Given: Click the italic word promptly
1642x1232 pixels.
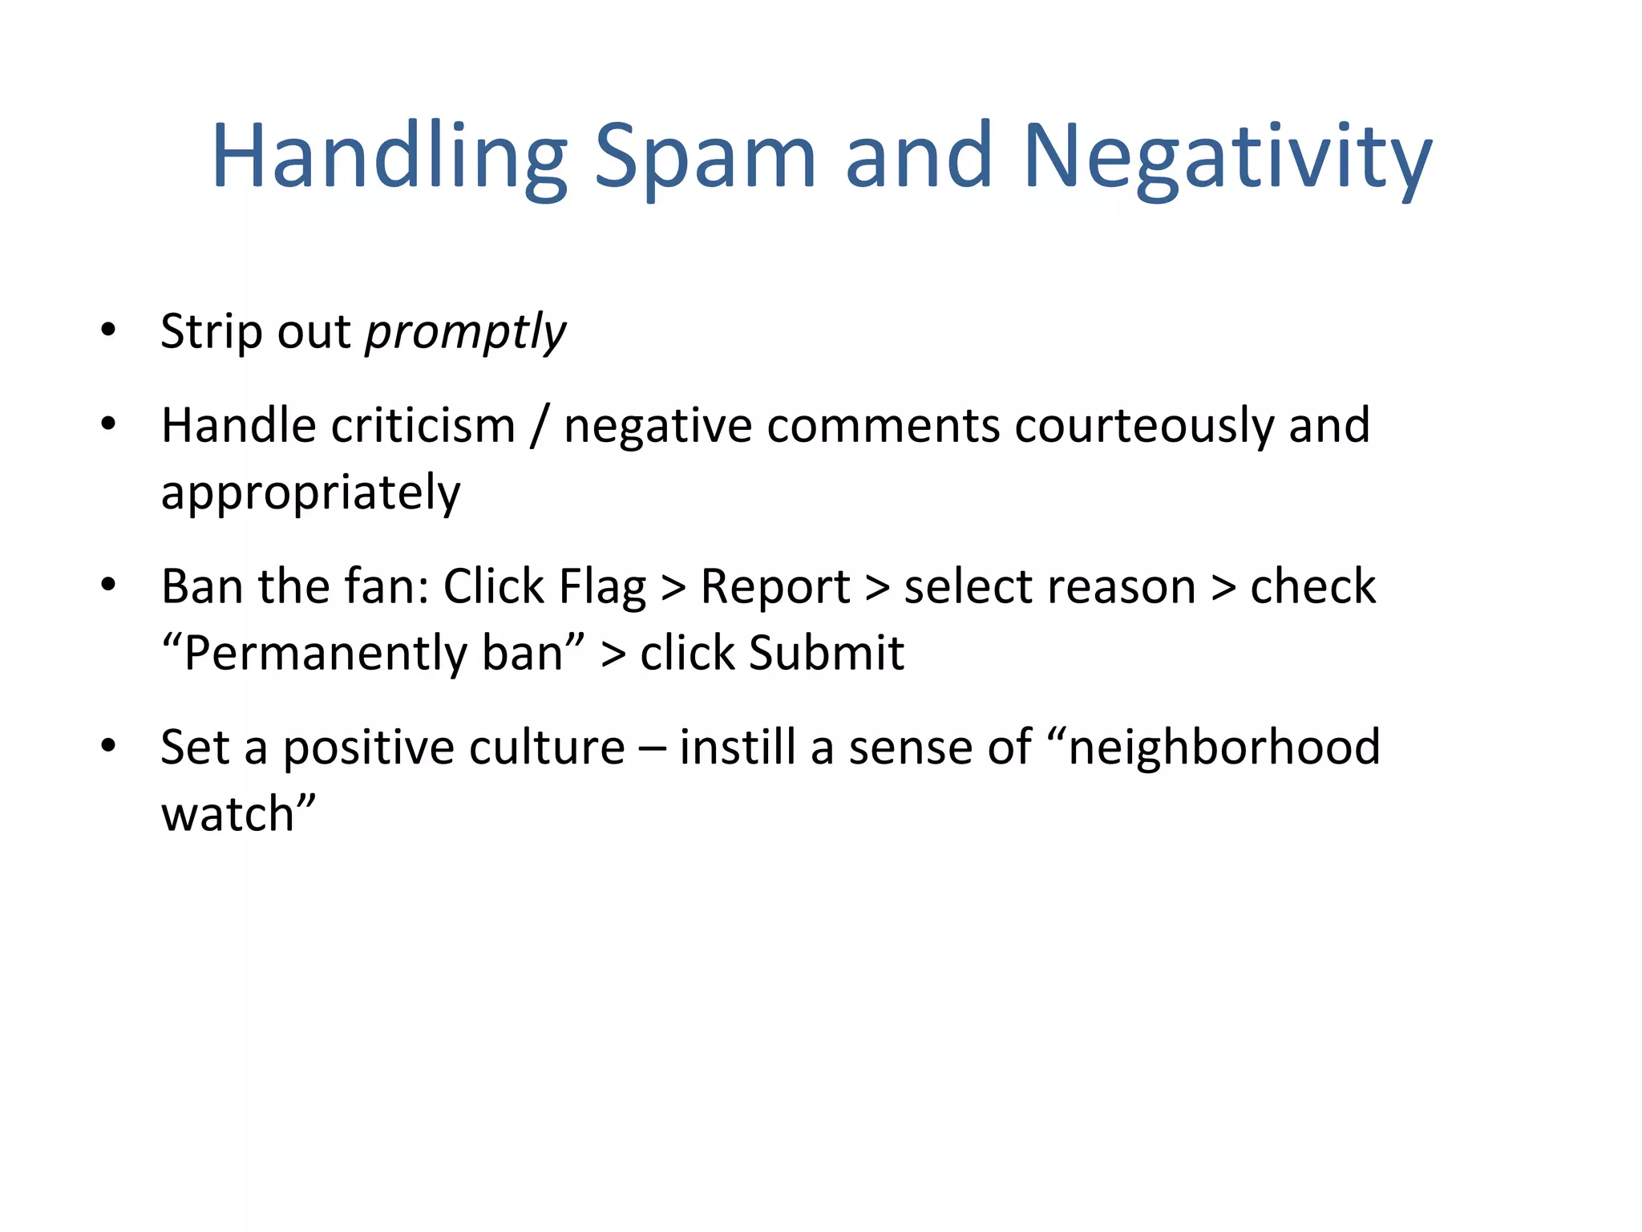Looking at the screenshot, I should (465, 332).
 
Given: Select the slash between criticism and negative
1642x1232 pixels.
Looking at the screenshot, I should (539, 425).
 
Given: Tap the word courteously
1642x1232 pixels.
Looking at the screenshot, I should (1143, 425).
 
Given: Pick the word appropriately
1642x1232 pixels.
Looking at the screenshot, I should (310, 492).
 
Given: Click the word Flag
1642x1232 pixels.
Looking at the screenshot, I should (601, 587).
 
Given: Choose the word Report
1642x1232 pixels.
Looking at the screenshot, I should (774, 587).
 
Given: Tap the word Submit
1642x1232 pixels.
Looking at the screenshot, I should (826, 653).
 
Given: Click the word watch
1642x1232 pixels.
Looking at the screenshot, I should (229, 815).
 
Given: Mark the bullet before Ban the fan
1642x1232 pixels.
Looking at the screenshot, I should (108, 585).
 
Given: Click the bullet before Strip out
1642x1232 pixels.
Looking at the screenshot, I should (108, 330).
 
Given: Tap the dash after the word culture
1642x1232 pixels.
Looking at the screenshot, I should (652, 749).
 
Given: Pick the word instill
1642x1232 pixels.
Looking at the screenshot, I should (738, 748).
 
